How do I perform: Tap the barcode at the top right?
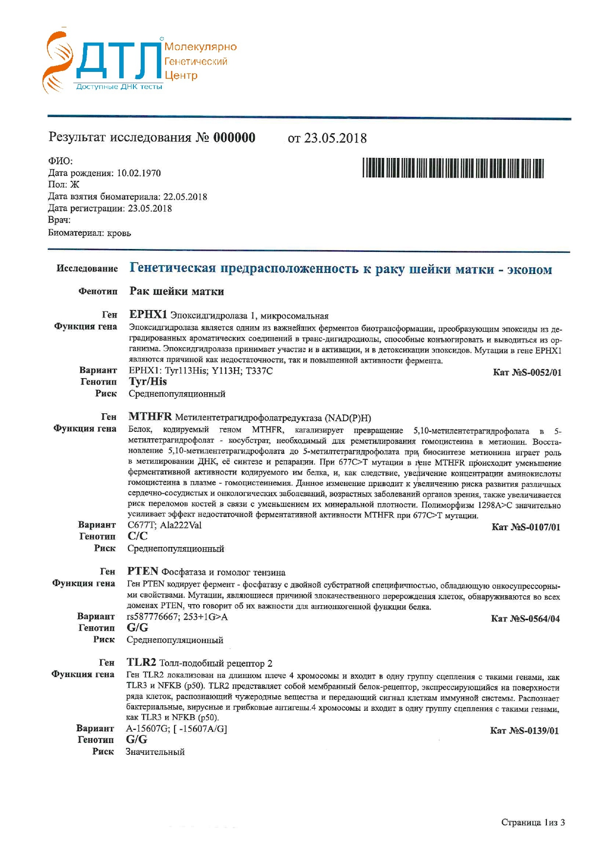[x=453, y=168]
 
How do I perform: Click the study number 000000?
[x=234, y=137]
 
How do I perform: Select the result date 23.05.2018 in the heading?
[x=335, y=138]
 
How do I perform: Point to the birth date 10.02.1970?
[x=139, y=173]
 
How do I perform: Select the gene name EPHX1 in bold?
[x=148, y=315]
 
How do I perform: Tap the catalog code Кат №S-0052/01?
[x=527, y=373]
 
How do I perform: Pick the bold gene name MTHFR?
[x=150, y=417]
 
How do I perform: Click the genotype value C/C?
[x=137, y=537]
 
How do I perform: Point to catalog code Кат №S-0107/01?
[x=526, y=527]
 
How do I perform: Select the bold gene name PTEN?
[x=143, y=571]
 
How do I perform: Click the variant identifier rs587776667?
[x=152, y=617]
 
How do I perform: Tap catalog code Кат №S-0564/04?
[x=525, y=619]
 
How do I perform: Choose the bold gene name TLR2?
[x=141, y=663]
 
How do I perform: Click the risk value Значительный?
[x=155, y=752]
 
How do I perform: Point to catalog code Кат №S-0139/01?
[x=524, y=731]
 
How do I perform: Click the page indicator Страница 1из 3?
[x=533, y=822]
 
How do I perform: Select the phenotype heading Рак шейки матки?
[x=176, y=292]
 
